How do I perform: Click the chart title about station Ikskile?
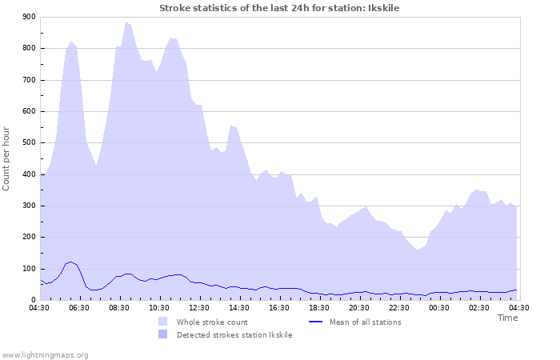(279, 8)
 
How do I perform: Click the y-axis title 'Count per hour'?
(7, 158)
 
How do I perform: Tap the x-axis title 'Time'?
(507, 318)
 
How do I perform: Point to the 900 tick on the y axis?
(29, 17)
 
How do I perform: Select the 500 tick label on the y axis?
(29, 143)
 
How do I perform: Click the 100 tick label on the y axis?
(29, 269)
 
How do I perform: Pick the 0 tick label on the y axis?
(33, 300)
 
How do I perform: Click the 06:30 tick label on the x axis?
(79, 308)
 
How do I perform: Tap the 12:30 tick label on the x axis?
(199, 308)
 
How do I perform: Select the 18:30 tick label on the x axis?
(319, 308)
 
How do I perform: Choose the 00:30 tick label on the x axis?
(439, 308)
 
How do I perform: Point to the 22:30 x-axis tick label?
(399, 308)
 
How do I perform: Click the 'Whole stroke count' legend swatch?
(163, 322)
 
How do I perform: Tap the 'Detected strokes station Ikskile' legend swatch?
(163, 335)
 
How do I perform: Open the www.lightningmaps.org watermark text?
(45, 354)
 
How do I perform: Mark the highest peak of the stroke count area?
(126, 22)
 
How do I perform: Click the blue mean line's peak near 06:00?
(71, 262)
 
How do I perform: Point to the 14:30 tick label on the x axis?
(239, 308)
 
